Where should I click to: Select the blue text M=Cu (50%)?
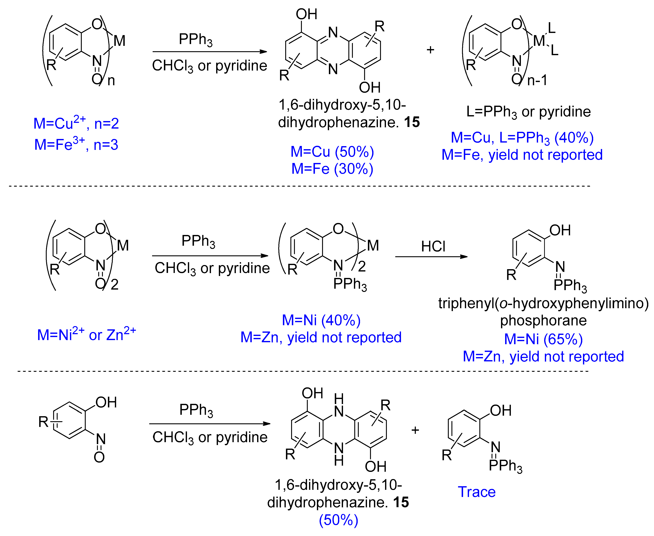(x=332, y=152)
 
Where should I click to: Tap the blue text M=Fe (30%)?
(x=332, y=169)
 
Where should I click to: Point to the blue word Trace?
(x=477, y=492)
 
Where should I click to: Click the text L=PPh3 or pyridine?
(x=528, y=112)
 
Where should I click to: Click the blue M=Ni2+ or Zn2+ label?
(x=86, y=334)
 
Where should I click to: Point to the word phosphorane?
(x=543, y=321)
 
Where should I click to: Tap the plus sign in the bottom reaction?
(x=415, y=430)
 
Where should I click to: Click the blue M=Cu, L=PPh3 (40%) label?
(x=522, y=138)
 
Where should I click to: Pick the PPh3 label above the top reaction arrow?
(x=196, y=40)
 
